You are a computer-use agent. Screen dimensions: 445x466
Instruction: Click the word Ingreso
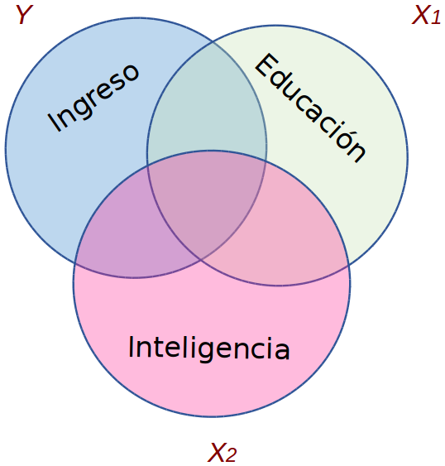point(93,97)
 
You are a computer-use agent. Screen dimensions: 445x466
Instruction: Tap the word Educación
point(311,108)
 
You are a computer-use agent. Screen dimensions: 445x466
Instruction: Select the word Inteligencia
point(208,348)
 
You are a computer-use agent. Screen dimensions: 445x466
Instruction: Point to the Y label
point(23,15)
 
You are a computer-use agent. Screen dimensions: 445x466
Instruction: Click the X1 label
point(426,15)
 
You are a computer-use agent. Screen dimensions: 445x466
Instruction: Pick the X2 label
point(223,452)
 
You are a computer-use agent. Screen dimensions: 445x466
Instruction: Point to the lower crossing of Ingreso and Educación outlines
point(201,261)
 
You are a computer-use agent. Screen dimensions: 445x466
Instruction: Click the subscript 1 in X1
point(435,17)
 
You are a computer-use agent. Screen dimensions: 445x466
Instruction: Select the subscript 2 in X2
point(231,455)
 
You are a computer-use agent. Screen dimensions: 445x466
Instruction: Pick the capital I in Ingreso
point(54,122)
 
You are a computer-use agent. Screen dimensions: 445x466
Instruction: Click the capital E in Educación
point(266,66)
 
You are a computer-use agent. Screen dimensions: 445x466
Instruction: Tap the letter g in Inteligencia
point(208,352)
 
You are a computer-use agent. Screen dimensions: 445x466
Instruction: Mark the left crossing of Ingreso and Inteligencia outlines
point(75,264)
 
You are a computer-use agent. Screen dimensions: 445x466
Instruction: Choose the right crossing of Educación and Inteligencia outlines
point(349,267)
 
